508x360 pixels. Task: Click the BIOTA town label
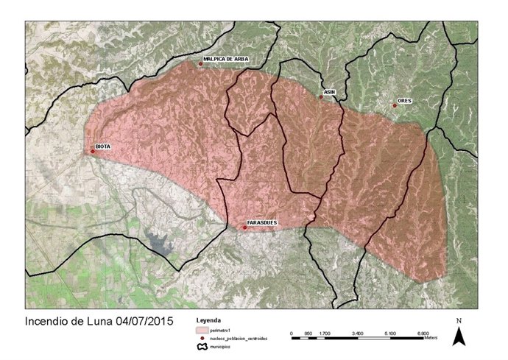click(103, 147)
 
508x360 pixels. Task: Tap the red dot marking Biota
click(93, 152)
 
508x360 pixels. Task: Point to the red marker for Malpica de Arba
click(200, 64)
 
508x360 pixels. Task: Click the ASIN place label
click(329, 92)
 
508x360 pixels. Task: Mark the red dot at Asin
click(321, 97)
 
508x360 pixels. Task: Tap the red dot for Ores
click(395, 105)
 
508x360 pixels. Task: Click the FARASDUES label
click(261, 222)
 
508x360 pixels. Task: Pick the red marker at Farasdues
click(244, 227)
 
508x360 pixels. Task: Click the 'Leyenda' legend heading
click(208, 322)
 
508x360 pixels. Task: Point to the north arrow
click(459, 335)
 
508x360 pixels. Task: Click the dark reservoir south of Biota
click(158, 241)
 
